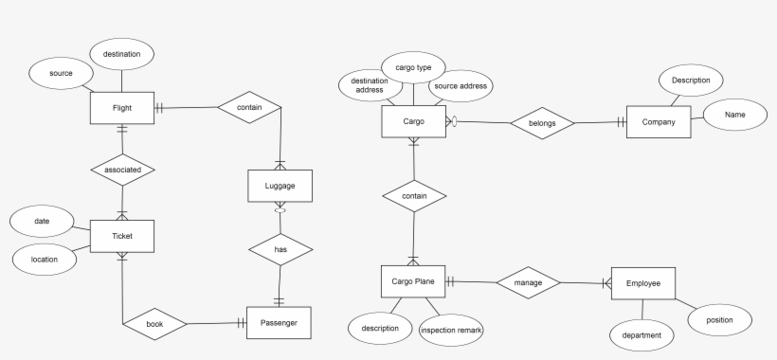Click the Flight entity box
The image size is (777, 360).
[x=121, y=108]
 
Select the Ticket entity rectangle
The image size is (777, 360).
[x=121, y=236]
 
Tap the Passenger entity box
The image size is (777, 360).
[x=278, y=322]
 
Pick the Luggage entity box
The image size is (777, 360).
[x=280, y=186]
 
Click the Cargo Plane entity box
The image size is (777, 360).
[x=413, y=281]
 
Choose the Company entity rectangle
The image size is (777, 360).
[x=659, y=122]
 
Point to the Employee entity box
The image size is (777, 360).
[x=643, y=282]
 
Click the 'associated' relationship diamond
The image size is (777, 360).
[x=122, y=170]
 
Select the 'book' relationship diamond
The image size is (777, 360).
[x=154, y=323]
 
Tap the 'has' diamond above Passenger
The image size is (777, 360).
[x=280, y=249]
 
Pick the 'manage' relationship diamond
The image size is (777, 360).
[x=528, y=282]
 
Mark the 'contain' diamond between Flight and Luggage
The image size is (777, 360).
[x=249, y=108]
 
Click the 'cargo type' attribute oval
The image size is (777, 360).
[x=413, y=67]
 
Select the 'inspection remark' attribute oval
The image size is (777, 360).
[x=451, y=330]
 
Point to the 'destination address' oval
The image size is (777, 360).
[x=368, y=86]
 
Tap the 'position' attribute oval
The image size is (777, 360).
[x=718, y=320]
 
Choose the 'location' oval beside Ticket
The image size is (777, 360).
[x=45, y=258]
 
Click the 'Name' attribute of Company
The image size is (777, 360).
[x=735, y=115]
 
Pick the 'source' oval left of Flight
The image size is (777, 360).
[x=61, y=72]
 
